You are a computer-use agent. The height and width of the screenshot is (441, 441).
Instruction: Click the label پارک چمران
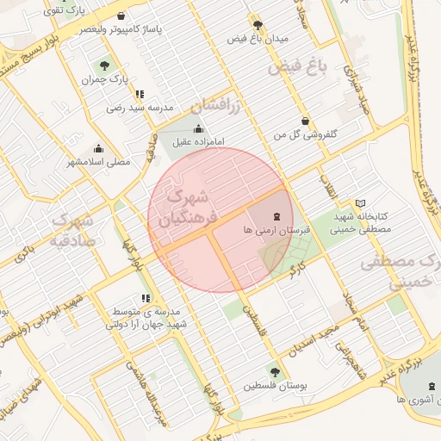click(x=99, y=80)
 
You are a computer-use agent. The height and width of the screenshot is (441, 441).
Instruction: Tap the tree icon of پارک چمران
click(x=105, y=65)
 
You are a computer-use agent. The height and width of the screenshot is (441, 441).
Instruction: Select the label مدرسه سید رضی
click(x=140, y=108)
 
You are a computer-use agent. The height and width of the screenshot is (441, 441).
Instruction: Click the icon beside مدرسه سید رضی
click(x=140, y=94)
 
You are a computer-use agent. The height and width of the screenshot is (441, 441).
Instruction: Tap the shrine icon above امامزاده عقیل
click(x=199, y=129)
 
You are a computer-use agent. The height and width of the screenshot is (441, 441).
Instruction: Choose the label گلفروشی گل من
click(x=304, y=135)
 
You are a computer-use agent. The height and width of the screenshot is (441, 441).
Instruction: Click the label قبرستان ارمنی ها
click(x=276, y=231)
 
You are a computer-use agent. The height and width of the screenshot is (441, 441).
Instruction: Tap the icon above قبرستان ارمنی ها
click(x=276, y=217)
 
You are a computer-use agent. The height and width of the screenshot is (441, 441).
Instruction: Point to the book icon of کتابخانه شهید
click(x=360, y=202)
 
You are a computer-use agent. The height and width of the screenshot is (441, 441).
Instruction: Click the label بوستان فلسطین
click(x=274, y=387)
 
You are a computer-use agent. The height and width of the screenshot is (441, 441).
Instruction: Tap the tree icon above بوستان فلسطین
click(x=275, y=372)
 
